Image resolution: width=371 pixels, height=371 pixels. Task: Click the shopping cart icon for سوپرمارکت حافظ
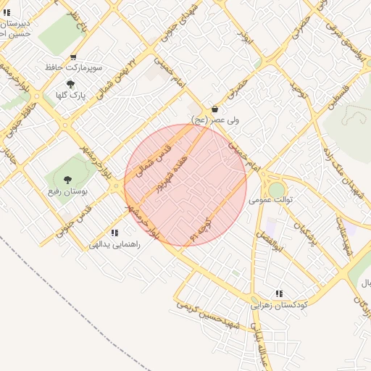click(73, 57)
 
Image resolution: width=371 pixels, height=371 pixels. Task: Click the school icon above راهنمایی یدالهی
click(114, 233)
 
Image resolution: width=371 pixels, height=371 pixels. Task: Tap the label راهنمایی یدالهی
click(114, 245)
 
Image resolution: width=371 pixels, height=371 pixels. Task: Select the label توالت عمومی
click(270, 199)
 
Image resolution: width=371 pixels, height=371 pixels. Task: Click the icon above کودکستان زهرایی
click(279, 293)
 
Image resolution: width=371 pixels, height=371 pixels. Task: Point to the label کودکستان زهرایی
click(280, 306)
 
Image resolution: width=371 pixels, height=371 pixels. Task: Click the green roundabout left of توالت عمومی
click(277, 189)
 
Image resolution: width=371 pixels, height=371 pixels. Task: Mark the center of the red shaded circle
click(185, 185)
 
